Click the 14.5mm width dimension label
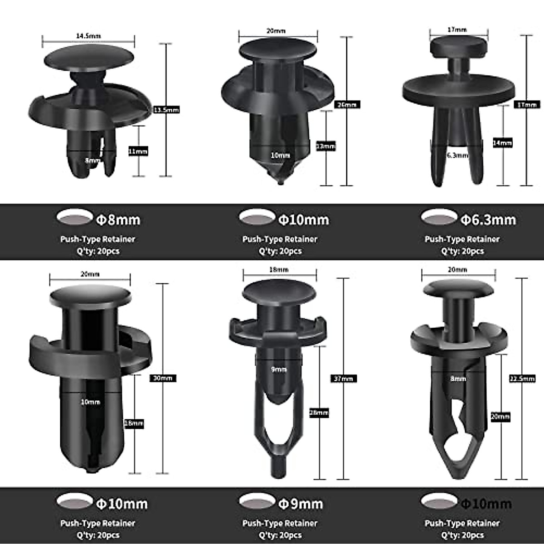pos(88,36)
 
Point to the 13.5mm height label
pos(166,110)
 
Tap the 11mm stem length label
pos(138,151)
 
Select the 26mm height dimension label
pos(347,105)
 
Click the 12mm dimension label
pos(326,146)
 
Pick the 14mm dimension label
pos(502,143)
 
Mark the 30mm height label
pos(163,378)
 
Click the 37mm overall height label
pos(343,379)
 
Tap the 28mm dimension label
pos(319,413)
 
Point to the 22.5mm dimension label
pos(522,379)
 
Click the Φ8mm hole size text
pos(118,220)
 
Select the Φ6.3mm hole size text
pos(488,220)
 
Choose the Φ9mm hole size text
pos(301,504)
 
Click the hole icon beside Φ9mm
pos(257,501)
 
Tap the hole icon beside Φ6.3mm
pos(439,217)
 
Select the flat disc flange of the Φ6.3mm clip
pos(459,89)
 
